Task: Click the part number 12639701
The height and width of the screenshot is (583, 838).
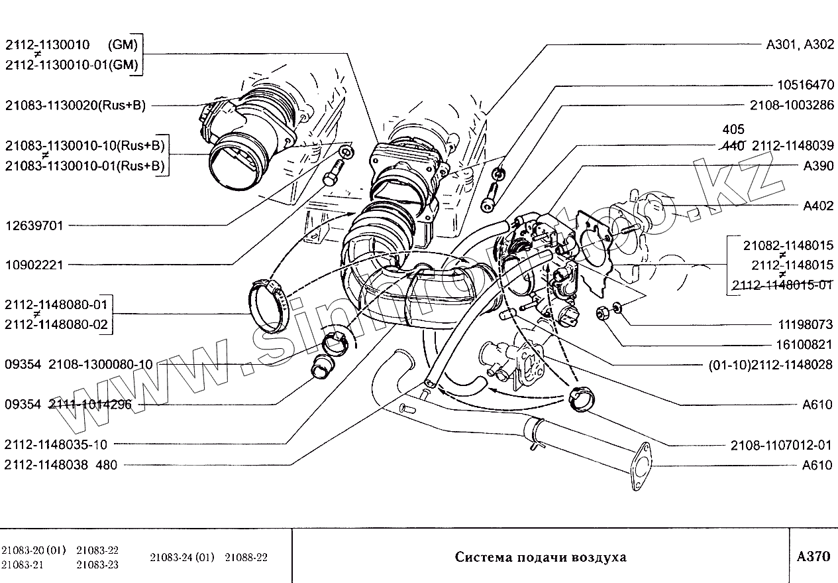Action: pyautogui.click(x=34, y=226)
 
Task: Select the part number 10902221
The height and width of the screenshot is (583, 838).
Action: pyautogui.click(x=34, y=265)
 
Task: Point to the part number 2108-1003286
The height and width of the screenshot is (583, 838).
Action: pyautogui.click(x=792, y=105)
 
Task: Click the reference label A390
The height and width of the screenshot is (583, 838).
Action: pyautogui.click(x=818, y=166)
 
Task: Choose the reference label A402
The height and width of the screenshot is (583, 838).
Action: pyautogui.click(x=818, y=206)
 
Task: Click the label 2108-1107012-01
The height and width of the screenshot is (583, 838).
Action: pyautogui.click(x=782, y=445)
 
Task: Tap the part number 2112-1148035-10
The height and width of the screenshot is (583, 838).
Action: pyautogui.click(x=56, y=445)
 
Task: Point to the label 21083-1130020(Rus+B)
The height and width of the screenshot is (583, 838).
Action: pyautogui.click(x=75, y=105)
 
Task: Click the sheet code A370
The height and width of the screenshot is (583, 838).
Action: pyautogui.click(x=813, y=556)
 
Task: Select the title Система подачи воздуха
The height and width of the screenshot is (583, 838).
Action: pyautogui.click(x=540, y=557)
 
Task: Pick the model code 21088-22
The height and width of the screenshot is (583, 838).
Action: pyautogui.click(x=246, y=557)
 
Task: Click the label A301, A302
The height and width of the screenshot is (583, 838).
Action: pyautogui.click(x=800, y=45)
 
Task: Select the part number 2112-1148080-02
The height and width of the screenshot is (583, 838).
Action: pyautogui.click(x=56, y=326)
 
